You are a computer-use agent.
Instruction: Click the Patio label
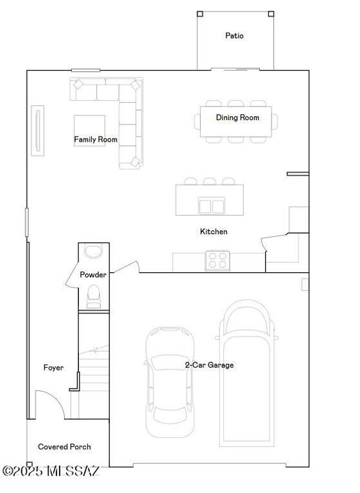[x=234, y=36]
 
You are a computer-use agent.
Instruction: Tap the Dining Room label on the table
[x=237, y=117]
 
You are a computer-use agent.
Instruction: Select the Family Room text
[x=96, y=139]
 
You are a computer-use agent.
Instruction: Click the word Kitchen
[x=214, y=232]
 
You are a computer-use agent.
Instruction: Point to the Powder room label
[x=93, y=275]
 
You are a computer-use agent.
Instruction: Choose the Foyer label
[x=53, y=368]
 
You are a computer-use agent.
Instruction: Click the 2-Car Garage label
[x=209, y=365]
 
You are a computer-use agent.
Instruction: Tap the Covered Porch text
[x=64, y=447]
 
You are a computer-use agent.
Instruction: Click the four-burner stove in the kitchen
[x=218, y=261]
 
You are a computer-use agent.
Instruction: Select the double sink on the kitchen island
[x=211, y=206]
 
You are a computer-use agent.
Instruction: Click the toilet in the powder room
[x=94, y=295]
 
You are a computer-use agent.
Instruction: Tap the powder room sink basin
[x=94, y=251]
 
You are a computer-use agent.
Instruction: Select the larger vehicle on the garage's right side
[x=246, y=372]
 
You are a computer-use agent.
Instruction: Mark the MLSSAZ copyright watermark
[x=51, y=471]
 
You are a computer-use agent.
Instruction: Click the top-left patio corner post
[x=200, y=13]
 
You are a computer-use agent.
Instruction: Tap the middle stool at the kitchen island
[x=210, y=182]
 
